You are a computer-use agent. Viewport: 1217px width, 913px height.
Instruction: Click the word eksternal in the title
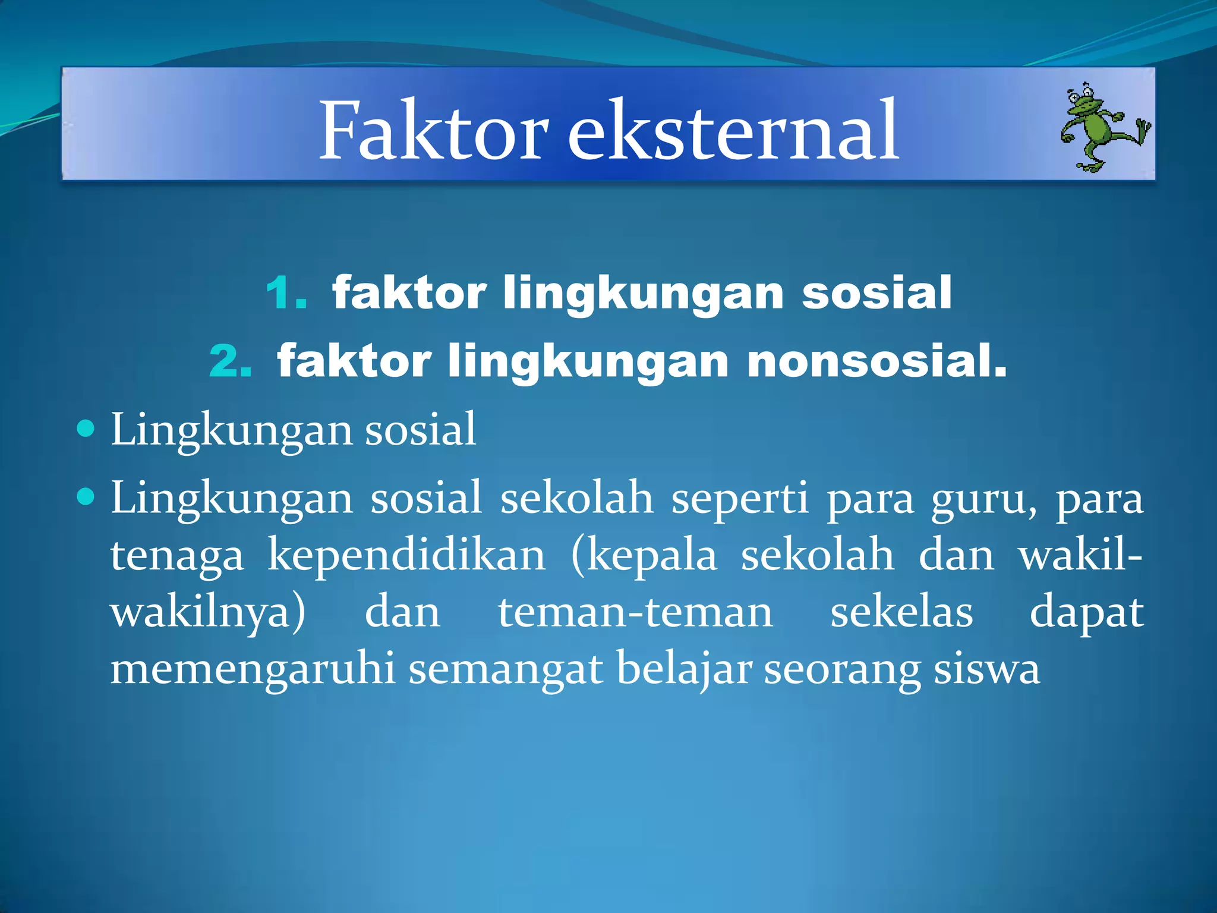click(x=733, y=131)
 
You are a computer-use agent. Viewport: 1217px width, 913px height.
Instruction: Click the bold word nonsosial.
click(x=877, y=361)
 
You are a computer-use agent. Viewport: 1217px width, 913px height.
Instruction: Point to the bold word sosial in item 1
click(x=877, y=293)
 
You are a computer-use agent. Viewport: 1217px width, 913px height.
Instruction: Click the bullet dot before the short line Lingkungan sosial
click(x=86, y=427)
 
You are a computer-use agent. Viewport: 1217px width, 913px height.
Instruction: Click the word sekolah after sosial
click(x=576, y=498)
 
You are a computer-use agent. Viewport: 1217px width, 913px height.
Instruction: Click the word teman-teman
click(x=635, y=613)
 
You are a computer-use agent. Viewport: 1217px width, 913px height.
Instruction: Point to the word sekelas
click(x=901, y=613)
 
